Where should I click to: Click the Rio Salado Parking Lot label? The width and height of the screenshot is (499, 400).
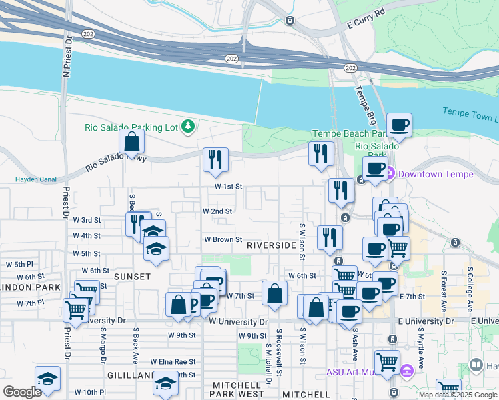[x=133, y=127]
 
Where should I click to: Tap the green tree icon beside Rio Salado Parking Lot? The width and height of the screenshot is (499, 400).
[x=189, y=126]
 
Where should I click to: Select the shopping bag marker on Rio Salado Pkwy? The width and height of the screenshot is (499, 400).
[x=132, y=141]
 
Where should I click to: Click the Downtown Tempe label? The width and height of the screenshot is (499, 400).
[x=436, y=175]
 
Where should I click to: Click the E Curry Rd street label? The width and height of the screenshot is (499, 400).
[x=367, y=20]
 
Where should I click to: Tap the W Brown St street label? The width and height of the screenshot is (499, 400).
[x=223, y=239]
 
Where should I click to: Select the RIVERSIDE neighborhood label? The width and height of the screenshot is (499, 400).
[x=271, y=245]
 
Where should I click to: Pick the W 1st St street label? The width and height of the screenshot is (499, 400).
[x=228, y=187]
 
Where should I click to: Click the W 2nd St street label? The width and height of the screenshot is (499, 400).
[x=217, y=211]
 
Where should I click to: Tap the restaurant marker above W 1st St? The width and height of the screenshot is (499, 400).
[x=215, y=159]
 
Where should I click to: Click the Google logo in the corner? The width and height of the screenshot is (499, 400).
[x=23, y=392]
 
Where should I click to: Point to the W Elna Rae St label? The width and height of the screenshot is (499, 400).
[x=172, y=362]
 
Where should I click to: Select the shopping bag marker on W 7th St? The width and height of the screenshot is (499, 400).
[x=274, y=293]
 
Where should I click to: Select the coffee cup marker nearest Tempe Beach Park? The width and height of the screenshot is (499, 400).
[x=399, y=125]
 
